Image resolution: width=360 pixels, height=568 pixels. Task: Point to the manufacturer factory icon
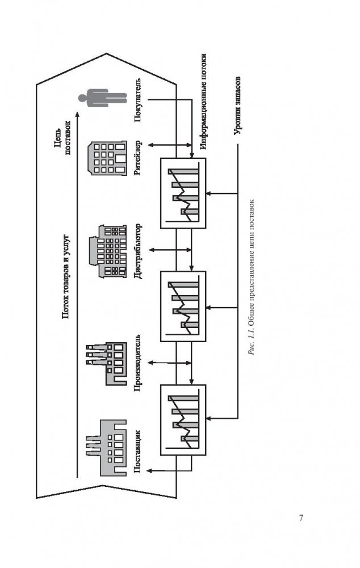point(104,364)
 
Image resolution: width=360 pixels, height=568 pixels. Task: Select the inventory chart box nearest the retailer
point(183,193)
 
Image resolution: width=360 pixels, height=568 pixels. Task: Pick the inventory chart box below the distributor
point(183,306)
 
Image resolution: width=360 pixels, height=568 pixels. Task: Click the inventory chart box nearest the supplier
point(183,419)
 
